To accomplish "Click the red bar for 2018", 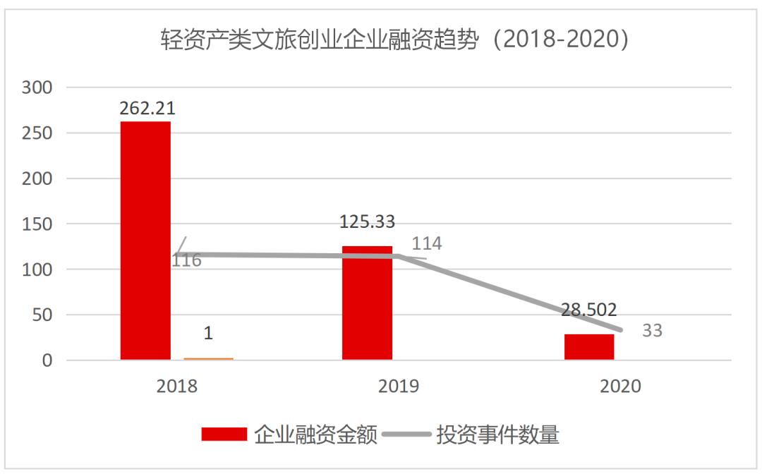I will coord(145,241).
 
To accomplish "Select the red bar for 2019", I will coord(367,303).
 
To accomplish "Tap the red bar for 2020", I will coord(589,346).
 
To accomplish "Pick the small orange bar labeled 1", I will coord(208,358).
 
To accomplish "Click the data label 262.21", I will coord(147,108).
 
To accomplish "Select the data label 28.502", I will coord(589,310).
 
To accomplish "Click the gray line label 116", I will coord(187,261).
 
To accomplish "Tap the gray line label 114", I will coord(428,244).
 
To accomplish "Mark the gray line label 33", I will coord(652,330).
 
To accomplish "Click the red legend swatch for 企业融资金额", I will coord(224,434).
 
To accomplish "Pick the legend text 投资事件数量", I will coord(497,434).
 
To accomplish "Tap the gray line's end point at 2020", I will coord(621,329).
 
